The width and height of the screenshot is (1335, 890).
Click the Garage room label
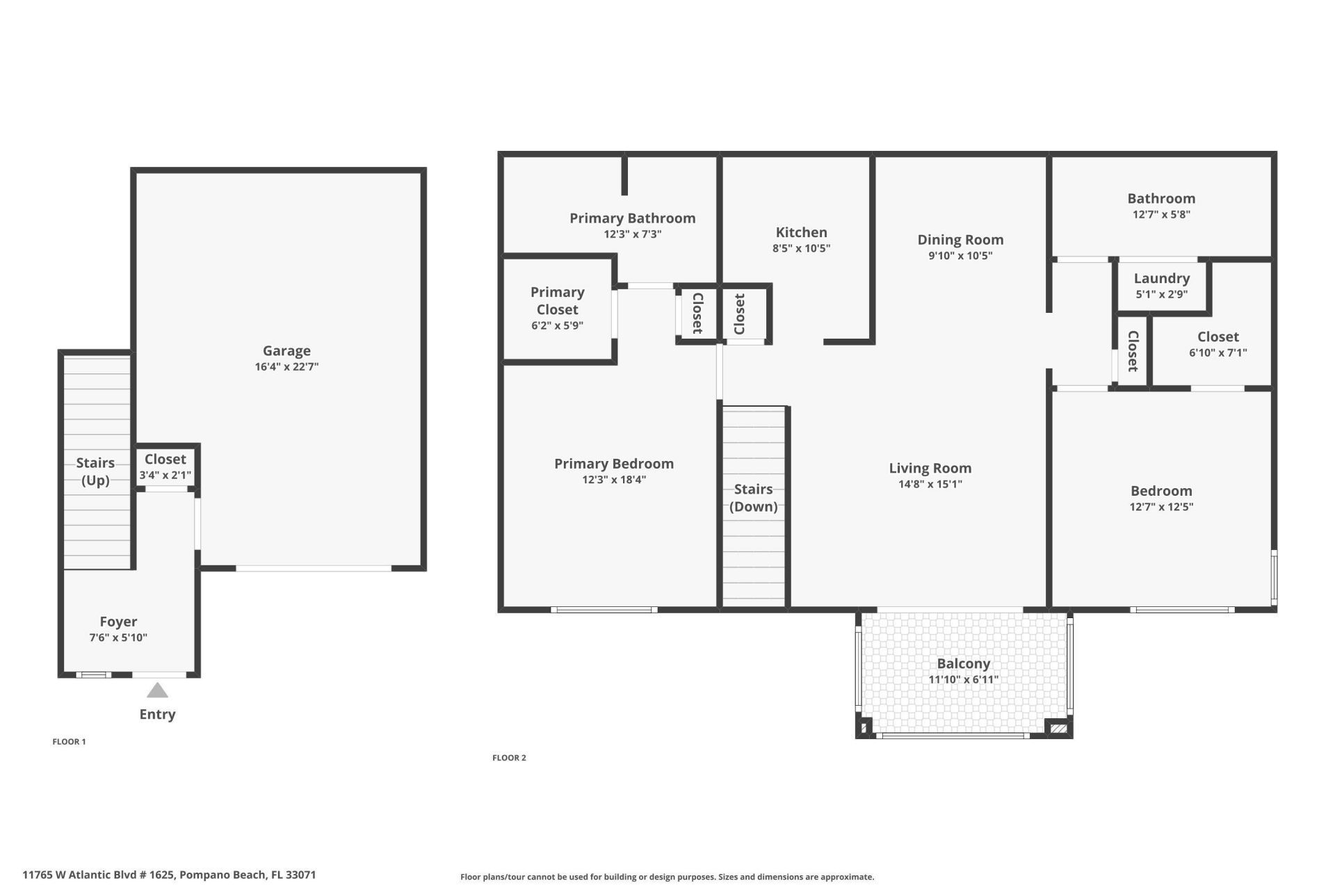[x=286, y=351]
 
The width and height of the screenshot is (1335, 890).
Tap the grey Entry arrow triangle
[x=157, y=690]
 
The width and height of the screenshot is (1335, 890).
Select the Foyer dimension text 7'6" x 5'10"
[x=118, y=638]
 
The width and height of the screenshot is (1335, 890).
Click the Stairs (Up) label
[x=95, y=471]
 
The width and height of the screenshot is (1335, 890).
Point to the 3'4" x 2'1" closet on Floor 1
[x=165, y=467]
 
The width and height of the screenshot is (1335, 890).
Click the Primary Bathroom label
[x=632, y=218]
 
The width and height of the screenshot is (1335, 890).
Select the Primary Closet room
[x=557, y=307]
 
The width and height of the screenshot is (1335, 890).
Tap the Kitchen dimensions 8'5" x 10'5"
[x=801, y=248]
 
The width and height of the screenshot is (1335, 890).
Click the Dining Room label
[x=960, y=240]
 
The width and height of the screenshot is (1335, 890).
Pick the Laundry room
[x=1161, y=285]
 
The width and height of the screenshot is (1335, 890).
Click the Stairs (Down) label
[x=753, y=498]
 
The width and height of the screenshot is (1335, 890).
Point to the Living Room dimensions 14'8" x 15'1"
[x=930, y=484]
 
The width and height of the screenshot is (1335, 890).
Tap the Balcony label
[x=963, y=663]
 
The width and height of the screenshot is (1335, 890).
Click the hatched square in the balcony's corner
[x=1058, y=729]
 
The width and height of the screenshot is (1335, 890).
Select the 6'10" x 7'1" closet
[x=1217, y=344]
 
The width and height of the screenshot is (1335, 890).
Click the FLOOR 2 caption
[x=509, y=758]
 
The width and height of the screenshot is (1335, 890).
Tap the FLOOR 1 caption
[x=69, y=742]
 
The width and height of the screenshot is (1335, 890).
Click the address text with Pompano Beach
[x=169, y=875]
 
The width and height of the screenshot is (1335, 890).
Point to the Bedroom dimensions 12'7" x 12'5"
[x=1161, y=507]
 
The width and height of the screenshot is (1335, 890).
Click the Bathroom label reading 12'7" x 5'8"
[x=1161, y=199]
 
